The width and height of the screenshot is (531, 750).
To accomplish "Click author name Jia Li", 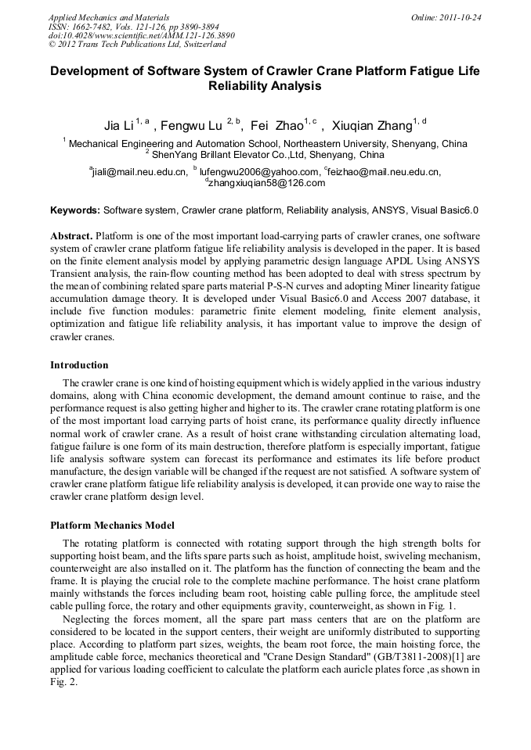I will pos(118,125).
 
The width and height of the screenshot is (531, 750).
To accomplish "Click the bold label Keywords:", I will pos(75,210).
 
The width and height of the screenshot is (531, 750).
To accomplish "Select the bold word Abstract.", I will pos(71,235).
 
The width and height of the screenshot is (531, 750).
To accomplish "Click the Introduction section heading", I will pos(79,365).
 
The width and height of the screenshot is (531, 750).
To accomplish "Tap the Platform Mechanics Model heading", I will pos(112,525).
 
